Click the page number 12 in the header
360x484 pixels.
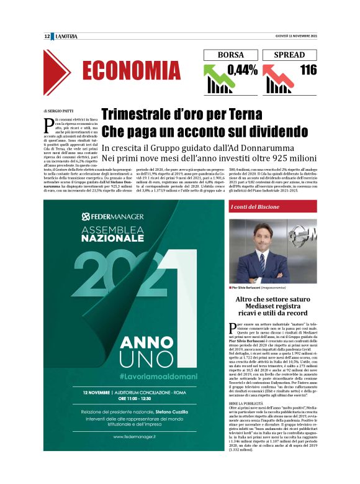pyautogui.click(x=47, y=36)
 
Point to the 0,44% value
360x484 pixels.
pyautogui.click(x=242, y=70)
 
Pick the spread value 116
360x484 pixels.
pyautogui.click(x=308, y=70)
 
